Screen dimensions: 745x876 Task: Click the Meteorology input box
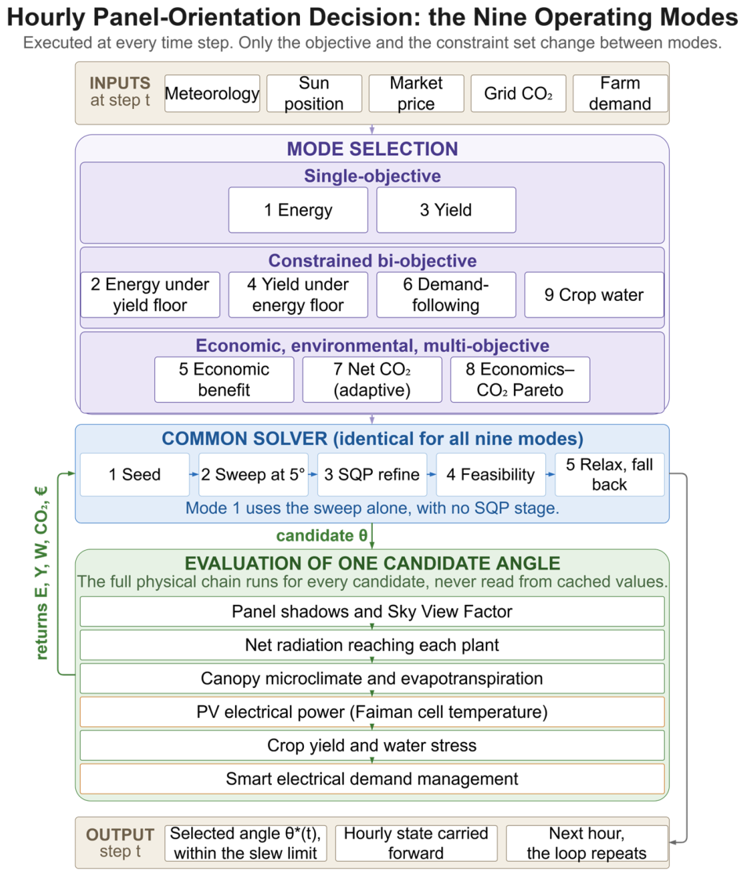pyautogui.click(x=212, y=93)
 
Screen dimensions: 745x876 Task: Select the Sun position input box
pyautogui.click(x=314, y=93)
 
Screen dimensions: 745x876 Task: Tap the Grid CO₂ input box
pyautogui.click(x=519, y=93)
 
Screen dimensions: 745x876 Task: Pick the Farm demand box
pyautogui.click(x=620, y=93)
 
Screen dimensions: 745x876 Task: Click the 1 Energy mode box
pyautogui.click(x=298, y=210)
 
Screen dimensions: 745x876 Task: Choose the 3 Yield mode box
pyautogui.click(x=447, y=210)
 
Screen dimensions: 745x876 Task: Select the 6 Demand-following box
pyautogui.click(x=447, y=295)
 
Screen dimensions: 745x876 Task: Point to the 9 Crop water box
pyautogui.click(x=595, y=295)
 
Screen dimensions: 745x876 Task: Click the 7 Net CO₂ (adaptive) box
pyautogui.click(x=373, y=380)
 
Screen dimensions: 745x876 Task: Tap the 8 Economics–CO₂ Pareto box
pyautogui.click(x=520, y=380)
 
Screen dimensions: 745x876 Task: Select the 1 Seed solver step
pyautogui.click(x=135, y=474)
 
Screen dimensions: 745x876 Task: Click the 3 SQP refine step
pyautogui.click(x=372, y=474)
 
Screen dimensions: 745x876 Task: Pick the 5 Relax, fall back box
pyautogui.click(x=609, y=474)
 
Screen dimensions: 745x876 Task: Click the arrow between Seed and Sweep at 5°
pyautogui.click(x=194, y=474)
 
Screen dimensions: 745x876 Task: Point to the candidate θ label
pyautogui.click(x=322, y=536)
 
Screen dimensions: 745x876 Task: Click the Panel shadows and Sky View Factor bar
pyautogui.click(x=373, y=612)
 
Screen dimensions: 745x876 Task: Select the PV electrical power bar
pyautogui.click(x=373, y=712)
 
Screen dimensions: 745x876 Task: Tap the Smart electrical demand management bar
pyautogui.click(x=373, y=780)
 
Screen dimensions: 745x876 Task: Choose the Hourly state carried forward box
pyautogui.click(x=416, y=844)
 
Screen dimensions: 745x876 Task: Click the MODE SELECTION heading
pyautogui.click(x=373, y=149)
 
